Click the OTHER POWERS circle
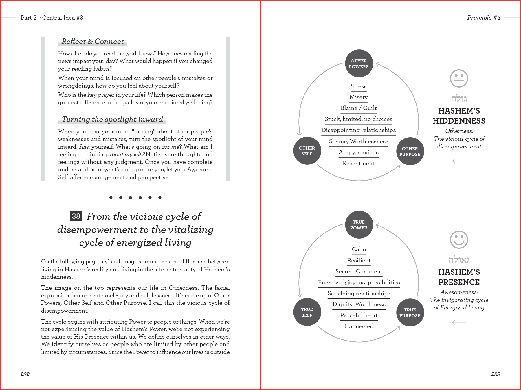click(359, 64)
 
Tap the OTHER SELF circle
click(307, 151)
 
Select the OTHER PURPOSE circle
click(410, 151)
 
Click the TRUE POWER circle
click(359, 225)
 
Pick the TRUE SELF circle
click(307, 312)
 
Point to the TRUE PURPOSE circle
click(410, 313)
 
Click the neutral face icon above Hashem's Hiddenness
click(459, 78)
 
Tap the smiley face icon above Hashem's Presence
click(459, 239)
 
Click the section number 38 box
click(76, 216)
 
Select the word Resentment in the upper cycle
click(358, 163)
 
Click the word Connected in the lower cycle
click(359, 326)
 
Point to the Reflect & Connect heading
click(93, 41)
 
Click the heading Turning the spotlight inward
click(112, 119)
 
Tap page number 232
click(25, 374)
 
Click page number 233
click(496, 374)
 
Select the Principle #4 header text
click(484, 18)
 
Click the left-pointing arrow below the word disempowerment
click(459, 161)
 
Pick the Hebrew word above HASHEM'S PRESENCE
click(459, 260)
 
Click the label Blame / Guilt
click(358, 108)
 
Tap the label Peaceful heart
click(359, 315)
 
